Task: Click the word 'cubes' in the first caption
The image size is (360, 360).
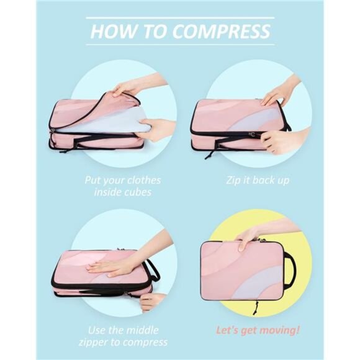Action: click(x=140, y=192)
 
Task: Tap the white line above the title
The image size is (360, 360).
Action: click(x=179, y=17)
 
